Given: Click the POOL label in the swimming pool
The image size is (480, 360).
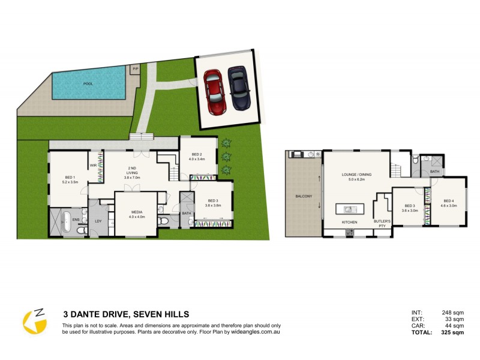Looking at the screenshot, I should [88, 84].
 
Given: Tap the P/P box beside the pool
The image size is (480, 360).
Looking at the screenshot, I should [135, 69].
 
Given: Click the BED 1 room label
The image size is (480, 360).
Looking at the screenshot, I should [69, 178].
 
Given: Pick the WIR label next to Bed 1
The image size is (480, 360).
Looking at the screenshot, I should [94, 165].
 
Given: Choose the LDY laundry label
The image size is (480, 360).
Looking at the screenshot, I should [98, 221].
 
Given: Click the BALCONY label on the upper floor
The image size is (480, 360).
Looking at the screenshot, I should [303, 196].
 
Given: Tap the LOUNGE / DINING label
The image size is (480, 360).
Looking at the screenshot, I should [356, 175].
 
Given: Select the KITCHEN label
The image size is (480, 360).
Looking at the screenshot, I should [349, 222].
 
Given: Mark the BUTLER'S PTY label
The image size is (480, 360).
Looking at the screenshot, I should [382, 223].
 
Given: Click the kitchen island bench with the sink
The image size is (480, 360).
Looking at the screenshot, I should [350, 209].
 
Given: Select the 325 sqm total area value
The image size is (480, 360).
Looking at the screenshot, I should [454, 332].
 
